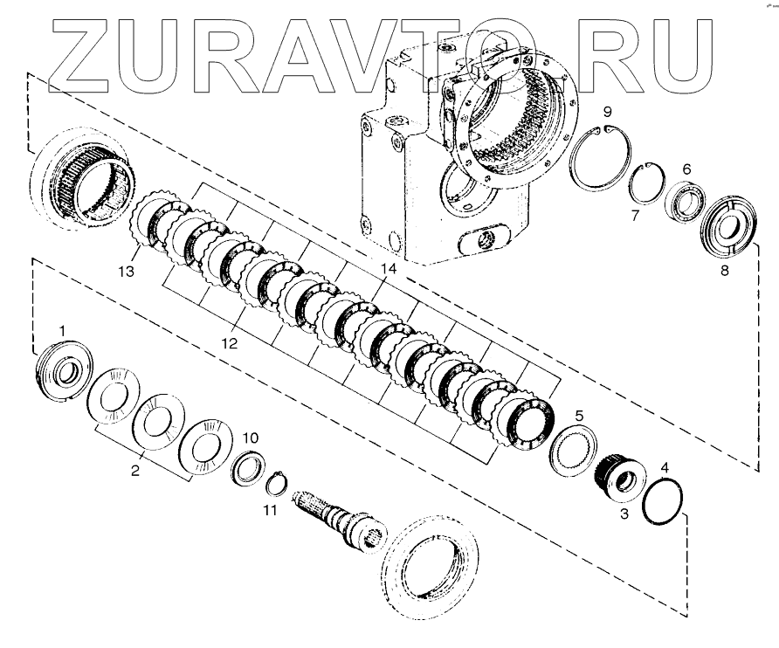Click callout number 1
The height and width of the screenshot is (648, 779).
point(61,328)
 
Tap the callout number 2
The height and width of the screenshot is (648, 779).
point(135,472)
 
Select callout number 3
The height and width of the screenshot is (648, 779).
point(624,515)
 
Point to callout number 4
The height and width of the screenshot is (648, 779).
point(665,469)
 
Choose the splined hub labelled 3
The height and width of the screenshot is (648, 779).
point(623,481)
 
